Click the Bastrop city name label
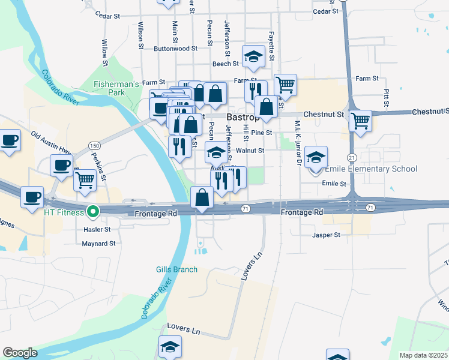pos(243,116)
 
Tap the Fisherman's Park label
pos(116,88)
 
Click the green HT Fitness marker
pos(92,211)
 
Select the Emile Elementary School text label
pos(370,169)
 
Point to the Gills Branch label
pos(176,269)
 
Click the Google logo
pos(20,353)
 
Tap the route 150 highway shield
pos(94,146)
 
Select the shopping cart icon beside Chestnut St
pos(360,120)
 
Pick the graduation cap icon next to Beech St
pos(254,56)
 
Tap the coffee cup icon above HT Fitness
pos(32,196)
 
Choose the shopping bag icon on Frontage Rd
pos(202,197)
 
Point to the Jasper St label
pos(326,235)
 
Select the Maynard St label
pos(99,244)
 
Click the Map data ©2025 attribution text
pos(423,355)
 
